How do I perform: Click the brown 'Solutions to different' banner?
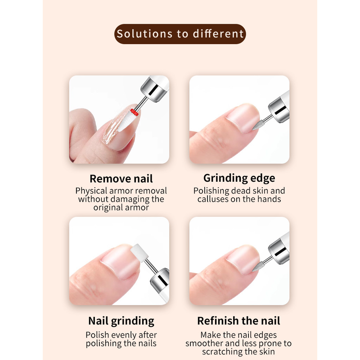(x=180, y=34)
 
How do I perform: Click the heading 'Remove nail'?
(x=121, y=179)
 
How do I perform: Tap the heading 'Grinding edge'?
(x=239, y=178)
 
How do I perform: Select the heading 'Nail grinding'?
(x=121, y=321)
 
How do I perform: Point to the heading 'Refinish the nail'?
(x=238, y=321)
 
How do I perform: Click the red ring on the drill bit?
(x=134, y=112)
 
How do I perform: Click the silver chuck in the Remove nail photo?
(x=153, y=89)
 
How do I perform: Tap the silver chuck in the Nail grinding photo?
(x=160, y=279)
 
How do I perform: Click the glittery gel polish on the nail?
(x=112, y=130)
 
